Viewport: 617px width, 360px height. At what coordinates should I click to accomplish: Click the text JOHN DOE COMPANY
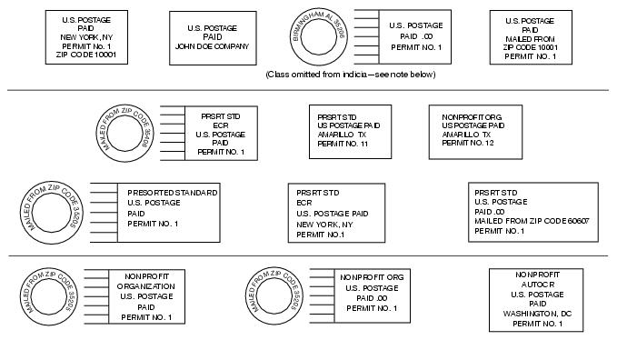point(212,44)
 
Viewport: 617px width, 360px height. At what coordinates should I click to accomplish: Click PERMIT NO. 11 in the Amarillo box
point(343,144)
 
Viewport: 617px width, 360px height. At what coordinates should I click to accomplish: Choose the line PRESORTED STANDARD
point(172,193)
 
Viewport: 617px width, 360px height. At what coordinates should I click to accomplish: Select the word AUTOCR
point(536,285)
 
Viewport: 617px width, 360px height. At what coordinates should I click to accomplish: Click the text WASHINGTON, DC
point(536,314)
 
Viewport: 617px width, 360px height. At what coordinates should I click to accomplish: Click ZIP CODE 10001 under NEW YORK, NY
point(87,55)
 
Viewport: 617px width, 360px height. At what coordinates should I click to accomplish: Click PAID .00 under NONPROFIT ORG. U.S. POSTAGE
point(372,298)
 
